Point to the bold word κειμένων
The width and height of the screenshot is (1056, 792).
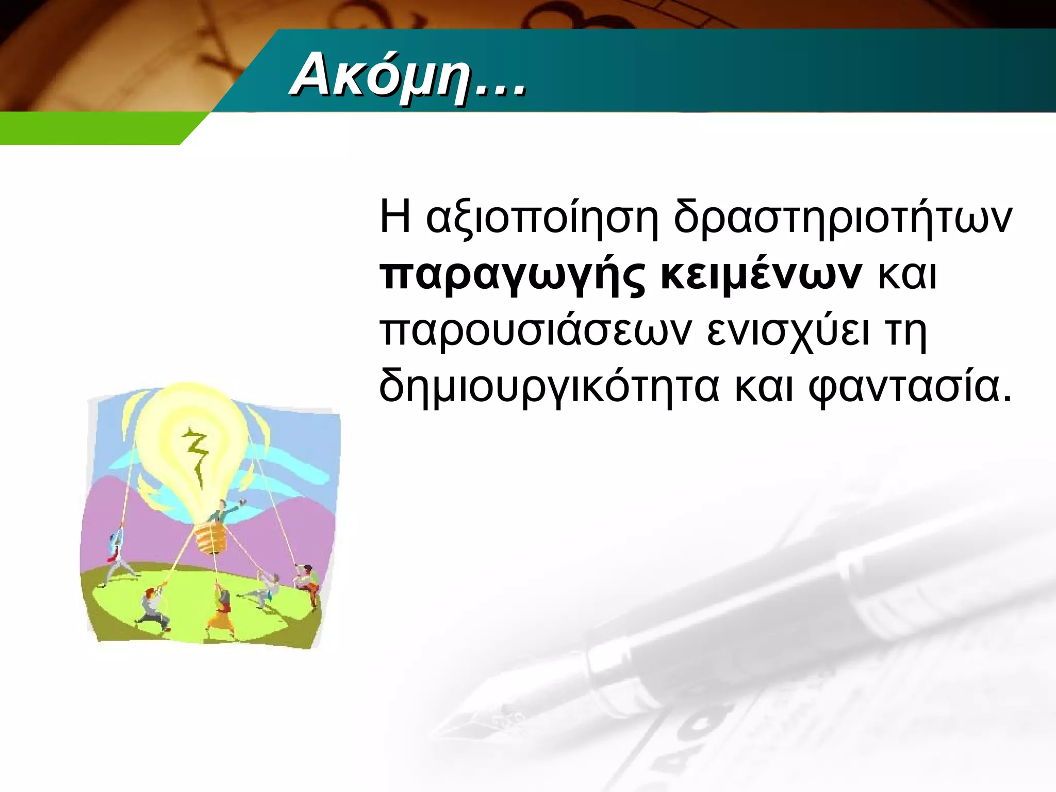[761, 275]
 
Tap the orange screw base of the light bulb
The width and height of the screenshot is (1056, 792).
[211, 539]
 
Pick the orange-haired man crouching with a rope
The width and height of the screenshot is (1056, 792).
[153, 608]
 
